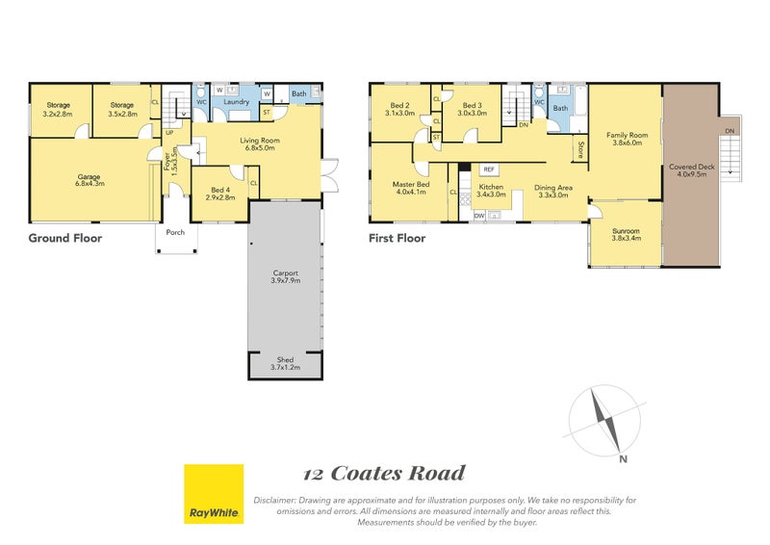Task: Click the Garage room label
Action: pos(90,179)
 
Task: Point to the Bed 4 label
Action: pos(220,193)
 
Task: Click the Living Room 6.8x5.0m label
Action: pos(260,144)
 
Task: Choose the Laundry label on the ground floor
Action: pos(237,102)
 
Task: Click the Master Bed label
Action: pos(410,187)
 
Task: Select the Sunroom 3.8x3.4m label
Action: pos(626,234)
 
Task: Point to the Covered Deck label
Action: pos(689,170)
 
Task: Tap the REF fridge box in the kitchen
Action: pos(489,169)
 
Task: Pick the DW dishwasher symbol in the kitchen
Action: pos(478,217)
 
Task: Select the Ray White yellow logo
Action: pos(214,495)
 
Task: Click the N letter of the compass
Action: pos(624,458)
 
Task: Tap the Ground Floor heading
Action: pos(65,238)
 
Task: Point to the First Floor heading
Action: pos(397,238)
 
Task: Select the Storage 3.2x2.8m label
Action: pos(58,110)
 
